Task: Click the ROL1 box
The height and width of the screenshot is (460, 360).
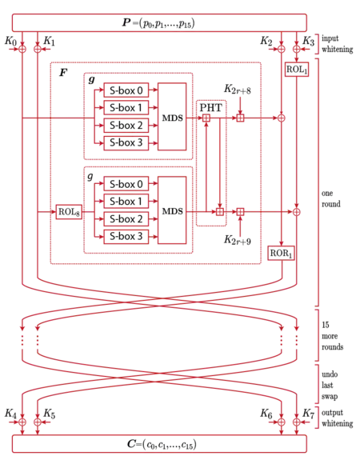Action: point(297,70)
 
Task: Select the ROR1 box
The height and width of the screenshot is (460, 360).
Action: point(281,253)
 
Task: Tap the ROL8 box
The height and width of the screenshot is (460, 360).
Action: point(69,211)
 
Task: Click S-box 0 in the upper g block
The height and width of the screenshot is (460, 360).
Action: point(126,90)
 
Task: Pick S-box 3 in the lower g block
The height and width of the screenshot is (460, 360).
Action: point(126,237)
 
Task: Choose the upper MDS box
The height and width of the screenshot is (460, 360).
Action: point(172,117)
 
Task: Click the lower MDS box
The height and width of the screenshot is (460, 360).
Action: point(172,210)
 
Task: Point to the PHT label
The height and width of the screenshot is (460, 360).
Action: point(210,108)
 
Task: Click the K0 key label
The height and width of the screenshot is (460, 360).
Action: point(10,41)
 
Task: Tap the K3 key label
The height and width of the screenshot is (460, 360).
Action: point(308,41)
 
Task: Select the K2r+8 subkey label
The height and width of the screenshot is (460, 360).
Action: point(238,89)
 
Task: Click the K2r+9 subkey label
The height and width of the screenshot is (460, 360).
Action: point(238,240)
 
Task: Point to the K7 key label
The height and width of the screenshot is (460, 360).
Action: point(308,414)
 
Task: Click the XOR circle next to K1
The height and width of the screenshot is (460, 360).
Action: point(38,49)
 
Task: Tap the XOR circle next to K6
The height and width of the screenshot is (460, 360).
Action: point(281,422)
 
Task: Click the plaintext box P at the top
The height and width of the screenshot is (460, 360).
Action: point(159,22)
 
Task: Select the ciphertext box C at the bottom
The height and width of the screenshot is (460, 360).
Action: point(159,444)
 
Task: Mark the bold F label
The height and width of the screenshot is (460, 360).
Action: point(63,73)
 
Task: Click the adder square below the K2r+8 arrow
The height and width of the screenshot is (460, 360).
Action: point(240,118)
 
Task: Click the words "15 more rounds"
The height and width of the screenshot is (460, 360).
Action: point(332,336)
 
